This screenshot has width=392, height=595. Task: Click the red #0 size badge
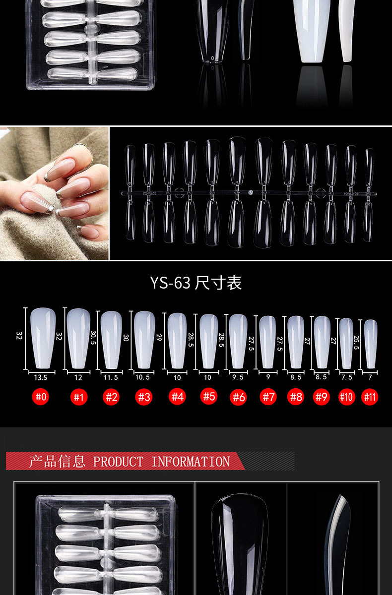41,397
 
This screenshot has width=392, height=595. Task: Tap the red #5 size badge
209,396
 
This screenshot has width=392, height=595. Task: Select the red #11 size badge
370,397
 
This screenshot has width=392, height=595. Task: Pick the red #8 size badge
296,397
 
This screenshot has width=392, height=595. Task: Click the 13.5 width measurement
41,377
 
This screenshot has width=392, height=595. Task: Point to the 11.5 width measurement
111,377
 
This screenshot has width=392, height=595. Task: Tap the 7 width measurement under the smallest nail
370,377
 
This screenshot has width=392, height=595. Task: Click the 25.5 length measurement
356,343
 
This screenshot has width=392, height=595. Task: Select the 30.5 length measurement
93,338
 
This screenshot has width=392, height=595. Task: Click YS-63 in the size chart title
170,283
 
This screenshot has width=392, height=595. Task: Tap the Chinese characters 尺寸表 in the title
218,283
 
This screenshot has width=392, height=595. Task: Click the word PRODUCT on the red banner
118,462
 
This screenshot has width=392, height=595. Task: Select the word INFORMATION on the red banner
191,462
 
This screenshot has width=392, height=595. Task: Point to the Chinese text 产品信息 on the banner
57,461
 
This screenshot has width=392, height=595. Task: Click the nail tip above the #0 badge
43,338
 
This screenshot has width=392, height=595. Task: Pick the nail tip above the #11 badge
371,344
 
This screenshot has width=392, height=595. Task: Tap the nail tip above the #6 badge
238,341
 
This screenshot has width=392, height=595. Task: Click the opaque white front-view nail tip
312,31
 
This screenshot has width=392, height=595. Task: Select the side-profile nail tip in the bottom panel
337,544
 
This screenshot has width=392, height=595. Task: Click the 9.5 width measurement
238,377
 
